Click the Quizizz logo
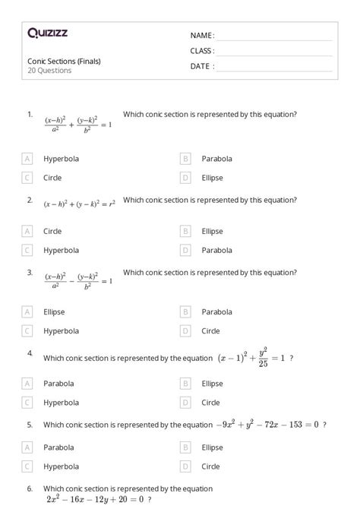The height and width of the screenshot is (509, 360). (47, 33)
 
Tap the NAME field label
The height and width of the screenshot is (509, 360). (202, 36)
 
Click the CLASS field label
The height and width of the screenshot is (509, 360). (202, 51)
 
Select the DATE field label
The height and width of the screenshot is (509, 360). (202, 66)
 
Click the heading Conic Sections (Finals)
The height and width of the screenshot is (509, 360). (64, 62)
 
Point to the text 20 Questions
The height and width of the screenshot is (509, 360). (49, 71)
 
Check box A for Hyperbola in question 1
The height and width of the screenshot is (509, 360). (28, 159)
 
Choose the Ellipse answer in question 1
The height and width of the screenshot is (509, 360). (212, 178)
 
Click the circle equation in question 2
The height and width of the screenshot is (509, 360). (80, 204)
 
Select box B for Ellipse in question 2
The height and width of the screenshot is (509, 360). (185, 231)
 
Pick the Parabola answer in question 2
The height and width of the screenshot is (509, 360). (216, 250)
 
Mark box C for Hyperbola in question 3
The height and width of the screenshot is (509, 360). (28, 330)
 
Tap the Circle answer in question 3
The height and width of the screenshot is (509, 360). (210, 330)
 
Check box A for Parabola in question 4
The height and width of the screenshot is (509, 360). (28, 384)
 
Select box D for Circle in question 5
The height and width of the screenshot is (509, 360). (185, 466)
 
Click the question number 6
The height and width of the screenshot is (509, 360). (30, 488)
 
